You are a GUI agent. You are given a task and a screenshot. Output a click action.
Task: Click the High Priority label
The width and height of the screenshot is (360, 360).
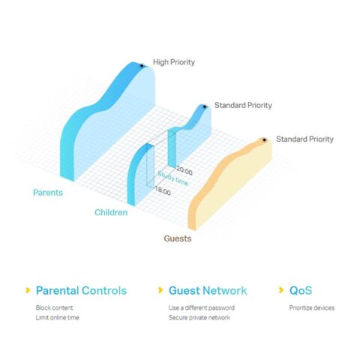[x=174, y=62]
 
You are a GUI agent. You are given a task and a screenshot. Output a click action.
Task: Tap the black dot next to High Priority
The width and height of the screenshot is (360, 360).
[x=142, y=66]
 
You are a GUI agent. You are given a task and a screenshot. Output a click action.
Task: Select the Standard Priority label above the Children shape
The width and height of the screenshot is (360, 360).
[x=243, y=105]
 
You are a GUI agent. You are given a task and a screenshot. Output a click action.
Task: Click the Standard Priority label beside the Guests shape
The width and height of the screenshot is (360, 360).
[x=304, y=139]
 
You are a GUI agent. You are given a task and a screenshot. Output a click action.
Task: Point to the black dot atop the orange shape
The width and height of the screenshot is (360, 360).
[x=264, y=140]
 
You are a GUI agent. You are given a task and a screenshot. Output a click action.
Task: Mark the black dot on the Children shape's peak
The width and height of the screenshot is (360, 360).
[x=205, y=106]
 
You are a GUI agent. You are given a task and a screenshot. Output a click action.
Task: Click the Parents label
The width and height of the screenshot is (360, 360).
[x=48, y=193]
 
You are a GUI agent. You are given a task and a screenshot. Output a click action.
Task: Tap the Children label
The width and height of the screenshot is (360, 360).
[x=111, y=212]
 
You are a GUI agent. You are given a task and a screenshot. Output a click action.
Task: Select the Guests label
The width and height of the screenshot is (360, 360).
[x=178, y=238]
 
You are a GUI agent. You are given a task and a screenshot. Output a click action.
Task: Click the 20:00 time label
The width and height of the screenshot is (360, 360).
[x=184, y=171]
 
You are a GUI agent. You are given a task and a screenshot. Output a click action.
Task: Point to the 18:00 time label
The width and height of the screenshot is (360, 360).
[x=163, y=191]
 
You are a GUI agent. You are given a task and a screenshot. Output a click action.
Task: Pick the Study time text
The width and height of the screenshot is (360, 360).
[x=172, y=178]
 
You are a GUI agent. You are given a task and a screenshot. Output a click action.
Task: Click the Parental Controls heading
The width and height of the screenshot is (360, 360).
[x=81, y=290]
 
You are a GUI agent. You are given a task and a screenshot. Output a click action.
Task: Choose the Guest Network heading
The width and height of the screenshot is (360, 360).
[x=208, y=290]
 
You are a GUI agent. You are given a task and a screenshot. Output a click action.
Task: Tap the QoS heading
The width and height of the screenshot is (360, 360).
[x=301, y=290]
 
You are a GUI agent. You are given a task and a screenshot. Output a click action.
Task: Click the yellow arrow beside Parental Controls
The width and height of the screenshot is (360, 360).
[x=28, y=290]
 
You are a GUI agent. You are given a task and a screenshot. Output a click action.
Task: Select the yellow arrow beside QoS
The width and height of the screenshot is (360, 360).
[x=281, y=290]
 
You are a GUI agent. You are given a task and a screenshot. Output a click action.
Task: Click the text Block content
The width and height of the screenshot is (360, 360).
[x=54, y=307]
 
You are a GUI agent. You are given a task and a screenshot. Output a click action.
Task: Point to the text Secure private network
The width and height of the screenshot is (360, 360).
[x=199, y=318]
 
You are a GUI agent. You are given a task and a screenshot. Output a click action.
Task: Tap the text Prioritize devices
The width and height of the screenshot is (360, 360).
[x=312, y=307]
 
